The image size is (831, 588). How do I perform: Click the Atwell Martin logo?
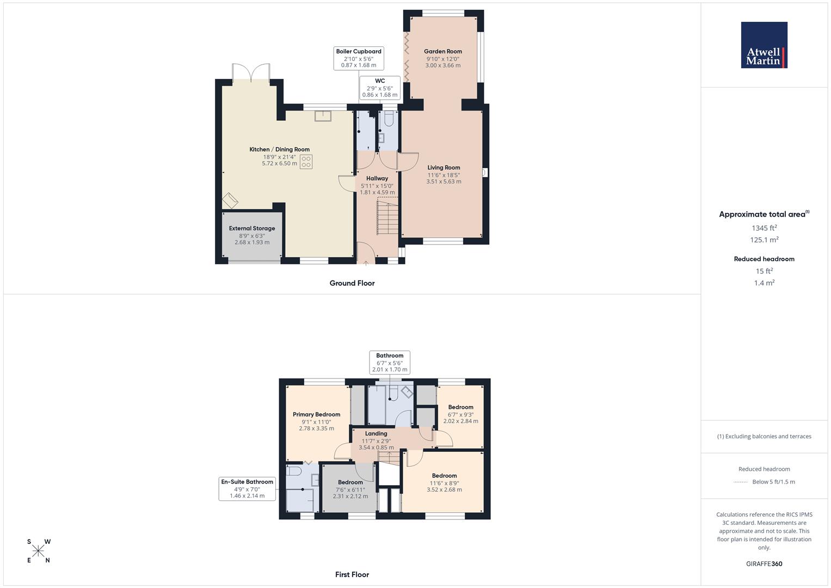coord(764,45)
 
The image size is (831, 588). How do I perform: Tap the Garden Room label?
coord(442,52)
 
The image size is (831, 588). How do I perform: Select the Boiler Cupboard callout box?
coord(359,58)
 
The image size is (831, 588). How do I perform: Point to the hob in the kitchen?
coord(306,162)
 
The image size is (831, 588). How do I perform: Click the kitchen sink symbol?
coord(323,116)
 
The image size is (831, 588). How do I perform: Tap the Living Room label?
coord(444,168)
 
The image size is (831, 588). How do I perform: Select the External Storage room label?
coord(252,229)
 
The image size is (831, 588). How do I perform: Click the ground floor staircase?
coord(387,217)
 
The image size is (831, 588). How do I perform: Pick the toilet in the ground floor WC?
coord(389,119)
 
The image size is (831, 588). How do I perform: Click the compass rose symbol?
coord(38,551)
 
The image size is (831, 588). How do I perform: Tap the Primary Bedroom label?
coord(316,414)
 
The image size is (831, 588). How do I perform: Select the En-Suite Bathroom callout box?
coord(247,488)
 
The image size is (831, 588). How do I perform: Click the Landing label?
coord(376,434)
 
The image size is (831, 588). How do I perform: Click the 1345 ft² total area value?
coord(764,228)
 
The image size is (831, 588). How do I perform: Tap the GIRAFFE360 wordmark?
coord(764,564)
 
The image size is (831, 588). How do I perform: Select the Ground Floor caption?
coord(352,283)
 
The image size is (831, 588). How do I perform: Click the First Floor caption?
coord(352,574)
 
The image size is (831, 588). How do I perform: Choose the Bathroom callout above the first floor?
coord(390,362)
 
